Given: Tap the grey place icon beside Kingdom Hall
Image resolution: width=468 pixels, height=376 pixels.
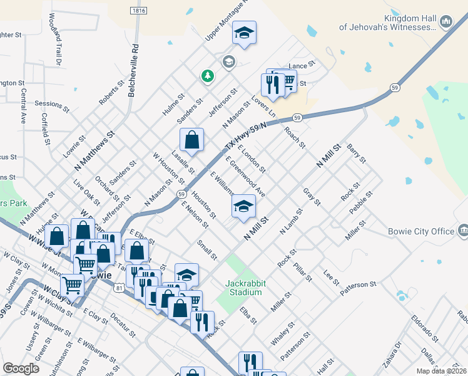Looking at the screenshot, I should click(x=446, y=22).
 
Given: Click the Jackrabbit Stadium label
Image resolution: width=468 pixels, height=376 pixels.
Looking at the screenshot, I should click(x=245, y=288).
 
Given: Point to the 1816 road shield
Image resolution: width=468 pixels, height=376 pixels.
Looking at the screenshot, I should click(x=140, y=11).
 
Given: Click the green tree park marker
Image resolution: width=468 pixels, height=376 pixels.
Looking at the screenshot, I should click(x=207, y=76).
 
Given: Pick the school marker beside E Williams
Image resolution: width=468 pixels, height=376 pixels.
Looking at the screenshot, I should click(x=243, y=207).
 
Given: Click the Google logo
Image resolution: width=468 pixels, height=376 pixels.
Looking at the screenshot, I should click(x=21, y=368).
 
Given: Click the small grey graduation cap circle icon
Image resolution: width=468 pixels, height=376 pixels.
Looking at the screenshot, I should click(x=228, y=61).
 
